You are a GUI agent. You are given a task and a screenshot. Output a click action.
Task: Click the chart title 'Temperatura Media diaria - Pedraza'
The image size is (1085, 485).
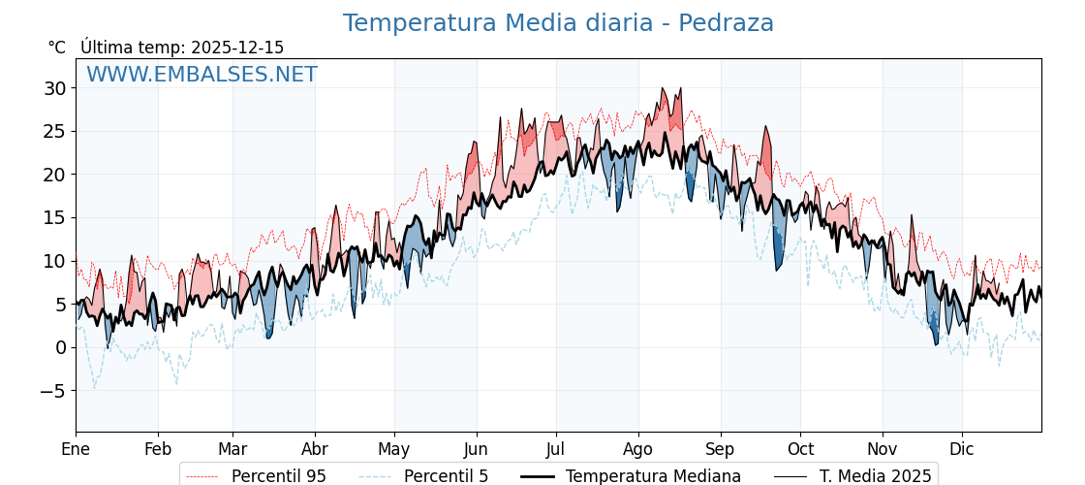pyautogui.click(x=558, y=23)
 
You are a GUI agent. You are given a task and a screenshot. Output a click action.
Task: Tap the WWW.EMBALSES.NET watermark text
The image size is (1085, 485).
pyautogui.click(x=201, y=75)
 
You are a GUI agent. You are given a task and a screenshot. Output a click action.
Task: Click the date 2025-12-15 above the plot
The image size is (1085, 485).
pyautogui.click(x=237, y=48)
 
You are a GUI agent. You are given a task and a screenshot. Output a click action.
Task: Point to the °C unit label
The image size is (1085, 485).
pyautogui.click(x=56, y=48)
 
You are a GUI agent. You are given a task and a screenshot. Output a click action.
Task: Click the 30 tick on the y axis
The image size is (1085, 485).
pyautogui.click(x=54, y=88)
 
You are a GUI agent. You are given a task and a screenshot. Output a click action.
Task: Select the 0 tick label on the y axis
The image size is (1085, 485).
pyautogui.click(x=60, y=347)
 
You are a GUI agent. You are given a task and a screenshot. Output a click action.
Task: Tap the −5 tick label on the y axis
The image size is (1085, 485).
pyautogui.click(x=54, y=391)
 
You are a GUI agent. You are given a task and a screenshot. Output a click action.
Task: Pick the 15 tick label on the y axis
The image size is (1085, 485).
pyautogui.click(x=54, y=218)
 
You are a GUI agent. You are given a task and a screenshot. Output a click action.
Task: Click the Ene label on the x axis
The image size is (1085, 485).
pyautogui.click(x=76, y=449)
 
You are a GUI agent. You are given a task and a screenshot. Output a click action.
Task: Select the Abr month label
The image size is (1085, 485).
pyautogui.click(x=315, y=449)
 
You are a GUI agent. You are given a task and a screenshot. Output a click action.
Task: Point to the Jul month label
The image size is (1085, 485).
pyautogui.click(x=556, y=449)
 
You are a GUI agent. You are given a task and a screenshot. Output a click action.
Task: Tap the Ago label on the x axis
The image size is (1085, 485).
pyautogui.click(x=638, y=449)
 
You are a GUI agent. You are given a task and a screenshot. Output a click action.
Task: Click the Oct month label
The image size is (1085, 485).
pyautogui.click(x=800, y=449)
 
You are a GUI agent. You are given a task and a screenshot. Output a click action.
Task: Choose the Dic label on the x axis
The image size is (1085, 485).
pyautogui.click(x=962, y=449)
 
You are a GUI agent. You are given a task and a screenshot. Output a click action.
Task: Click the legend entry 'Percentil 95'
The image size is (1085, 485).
pyautogui.click(x=278, y=476)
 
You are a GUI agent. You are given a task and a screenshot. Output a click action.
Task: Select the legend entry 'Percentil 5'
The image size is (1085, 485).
pyautogui.click(x=446, y=476)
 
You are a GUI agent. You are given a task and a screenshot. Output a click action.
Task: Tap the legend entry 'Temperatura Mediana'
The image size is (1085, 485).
pyautogui.click(x=653, y=476)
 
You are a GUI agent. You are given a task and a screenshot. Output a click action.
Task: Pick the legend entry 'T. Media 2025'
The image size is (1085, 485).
pyautogui.click(x=875, y=476)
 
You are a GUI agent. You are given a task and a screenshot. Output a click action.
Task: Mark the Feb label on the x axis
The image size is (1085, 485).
pyautogui.click(x=158, y=449)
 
